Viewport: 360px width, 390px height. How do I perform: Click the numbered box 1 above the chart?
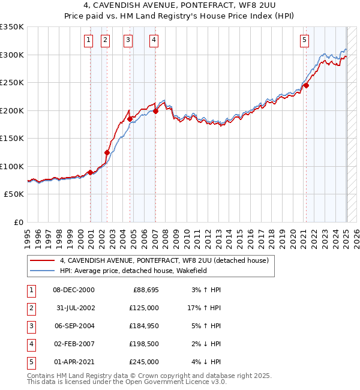[x=88, y=40]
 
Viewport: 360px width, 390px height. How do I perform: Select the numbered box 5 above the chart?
[x=305, y=40]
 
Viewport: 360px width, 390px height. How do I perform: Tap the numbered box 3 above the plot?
[x=128, y=40]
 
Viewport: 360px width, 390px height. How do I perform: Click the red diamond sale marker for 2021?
[x=306, y=85]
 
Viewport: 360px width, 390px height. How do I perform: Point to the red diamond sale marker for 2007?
[x=155, y=111]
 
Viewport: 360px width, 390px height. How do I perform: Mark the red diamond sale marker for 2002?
[x=107, y=152]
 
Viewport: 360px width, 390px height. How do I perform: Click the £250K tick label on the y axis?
[x=11, y=83]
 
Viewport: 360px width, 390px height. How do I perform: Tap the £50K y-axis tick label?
[x=14, y=194]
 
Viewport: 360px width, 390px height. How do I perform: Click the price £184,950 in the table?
[x=144, y=326]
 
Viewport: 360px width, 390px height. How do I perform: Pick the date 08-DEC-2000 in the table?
[x=73, y=290]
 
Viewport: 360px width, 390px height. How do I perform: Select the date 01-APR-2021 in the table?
[x=73, y=362]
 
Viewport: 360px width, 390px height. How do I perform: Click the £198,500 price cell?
[x=144, y=344]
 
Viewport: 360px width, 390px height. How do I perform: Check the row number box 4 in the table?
[x=31, y=344]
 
